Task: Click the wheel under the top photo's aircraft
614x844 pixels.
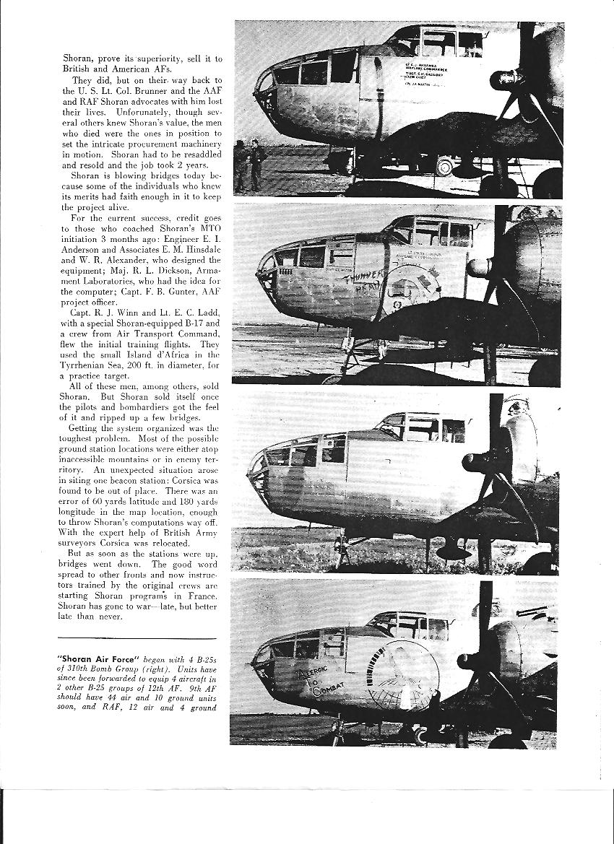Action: (443, 167)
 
